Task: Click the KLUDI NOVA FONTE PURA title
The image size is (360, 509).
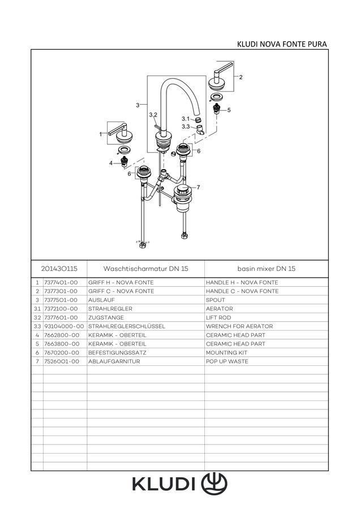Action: click(282, 44)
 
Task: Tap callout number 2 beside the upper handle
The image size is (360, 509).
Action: click(241, 77)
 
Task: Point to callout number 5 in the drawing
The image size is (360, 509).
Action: click(229, 110)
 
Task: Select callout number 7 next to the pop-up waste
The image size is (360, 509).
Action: click(198, 187)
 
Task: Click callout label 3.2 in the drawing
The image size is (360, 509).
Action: click(153, 115)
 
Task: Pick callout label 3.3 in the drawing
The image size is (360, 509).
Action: click(186, 127)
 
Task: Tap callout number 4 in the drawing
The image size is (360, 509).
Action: click(111, 163)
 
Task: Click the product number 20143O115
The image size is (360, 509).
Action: click(59, 269)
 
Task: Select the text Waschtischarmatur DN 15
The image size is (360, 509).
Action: click(145, 269)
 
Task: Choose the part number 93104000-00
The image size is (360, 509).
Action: click(64, 326)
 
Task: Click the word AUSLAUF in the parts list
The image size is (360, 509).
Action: click(101, 300)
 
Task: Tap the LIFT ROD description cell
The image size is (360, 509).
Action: click(218, 317)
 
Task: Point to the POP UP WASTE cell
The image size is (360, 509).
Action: click(227, 361)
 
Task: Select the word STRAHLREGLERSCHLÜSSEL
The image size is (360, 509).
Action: click(127, 326)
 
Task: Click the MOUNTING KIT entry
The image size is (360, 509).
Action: click(226, 352)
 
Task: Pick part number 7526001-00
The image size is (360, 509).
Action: click(61, 361)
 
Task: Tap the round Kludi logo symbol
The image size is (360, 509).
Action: click(214, 484)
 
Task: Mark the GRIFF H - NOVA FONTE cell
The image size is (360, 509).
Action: click(121, 282)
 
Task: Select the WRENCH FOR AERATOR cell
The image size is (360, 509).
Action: click(239, 326)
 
